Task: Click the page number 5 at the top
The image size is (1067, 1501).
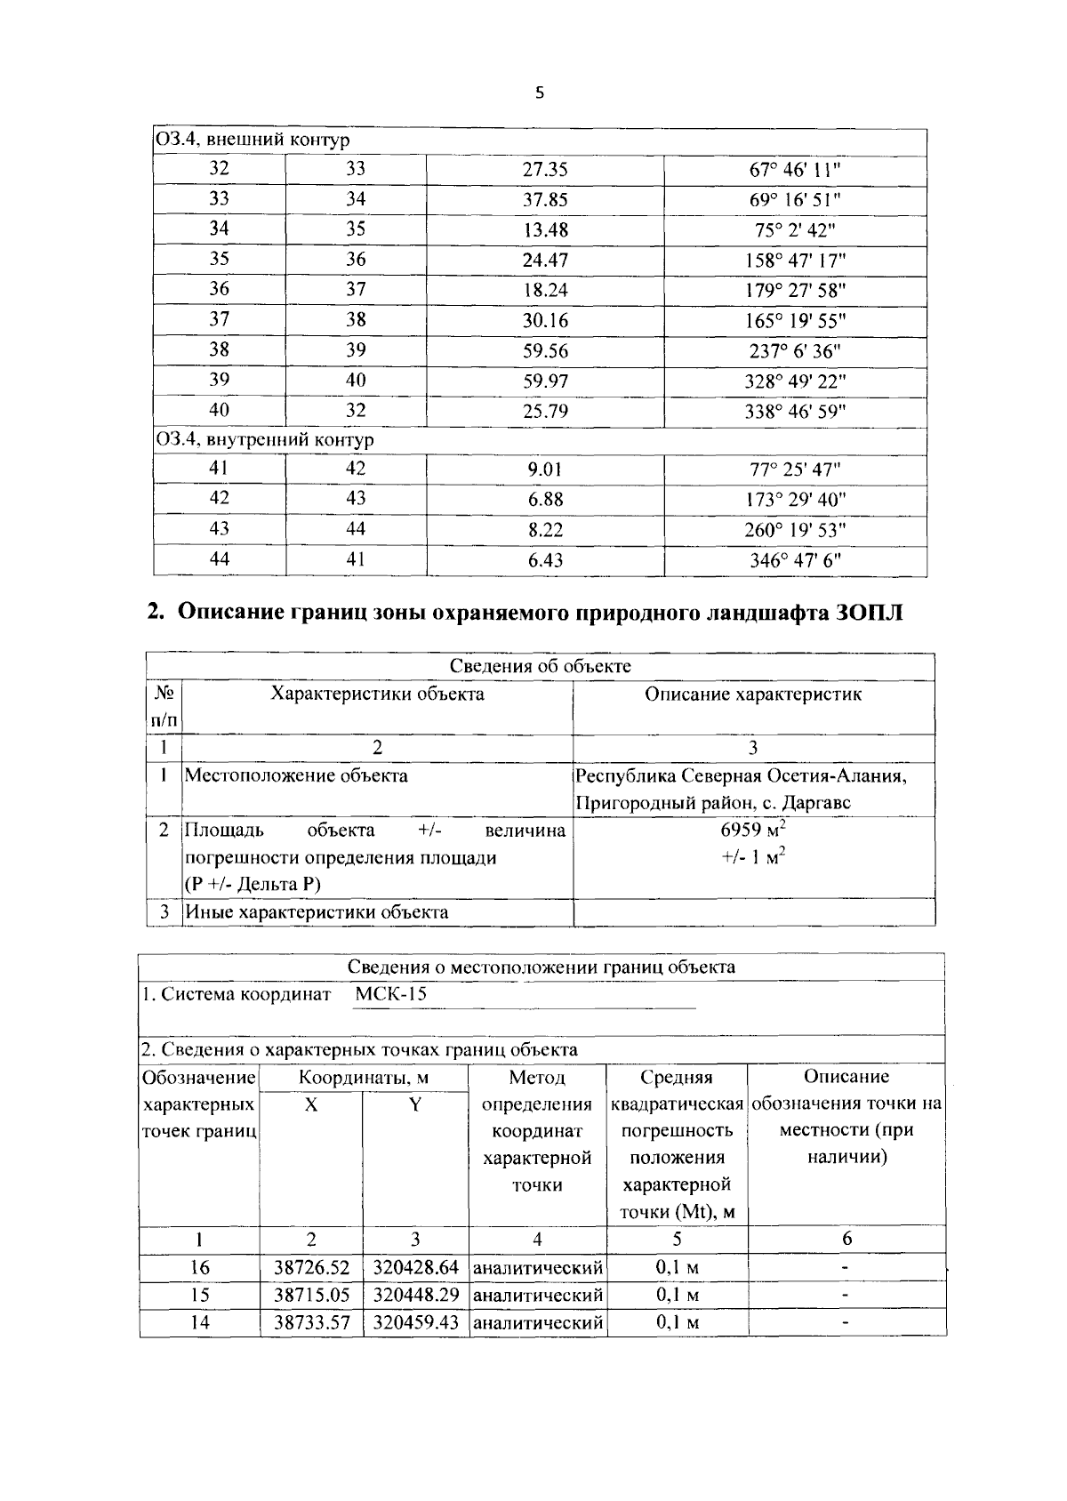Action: coord(539,93)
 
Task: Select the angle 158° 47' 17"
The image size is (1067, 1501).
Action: coord(795,261)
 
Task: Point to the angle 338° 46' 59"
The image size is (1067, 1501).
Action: coord(795,412)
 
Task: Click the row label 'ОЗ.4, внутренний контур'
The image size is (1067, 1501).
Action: coord(265,440)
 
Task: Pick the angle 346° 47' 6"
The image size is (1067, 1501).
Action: coord(795,560)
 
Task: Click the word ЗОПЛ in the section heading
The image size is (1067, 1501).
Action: coord(870,613)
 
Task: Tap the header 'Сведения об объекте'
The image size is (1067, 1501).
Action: coord(540,667)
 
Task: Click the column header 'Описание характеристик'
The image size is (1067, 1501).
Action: coord(752,694)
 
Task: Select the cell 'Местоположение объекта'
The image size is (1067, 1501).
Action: coord(296,775)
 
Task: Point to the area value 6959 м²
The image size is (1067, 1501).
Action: coord(752,831)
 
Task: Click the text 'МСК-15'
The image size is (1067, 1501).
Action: coord(390,994)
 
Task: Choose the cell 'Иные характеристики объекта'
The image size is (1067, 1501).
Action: coord(317,912)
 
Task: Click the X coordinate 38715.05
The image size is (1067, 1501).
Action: coord(311,1296)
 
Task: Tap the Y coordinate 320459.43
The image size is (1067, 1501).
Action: coord(415,1323)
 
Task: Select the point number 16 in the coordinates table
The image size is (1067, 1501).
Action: coord(199,1268)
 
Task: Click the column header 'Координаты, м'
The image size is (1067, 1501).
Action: coord(364,1078)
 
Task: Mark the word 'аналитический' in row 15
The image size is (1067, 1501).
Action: coord(537,1296)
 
